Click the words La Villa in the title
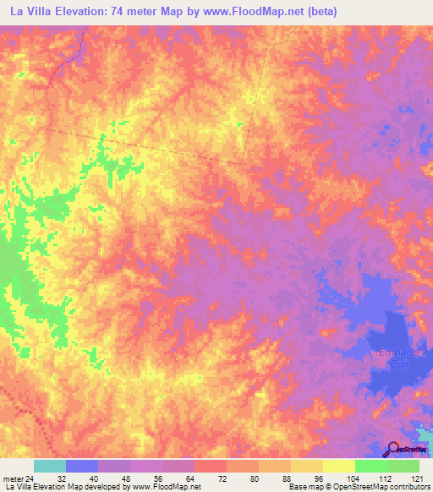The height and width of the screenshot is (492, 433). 30,11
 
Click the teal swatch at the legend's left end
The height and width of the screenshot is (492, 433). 50,466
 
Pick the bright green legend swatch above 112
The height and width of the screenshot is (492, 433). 371,466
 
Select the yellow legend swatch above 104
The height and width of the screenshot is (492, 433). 339,466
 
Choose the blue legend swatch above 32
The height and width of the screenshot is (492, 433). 82,466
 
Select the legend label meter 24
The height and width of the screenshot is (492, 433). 19,478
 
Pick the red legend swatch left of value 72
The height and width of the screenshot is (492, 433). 211,466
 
